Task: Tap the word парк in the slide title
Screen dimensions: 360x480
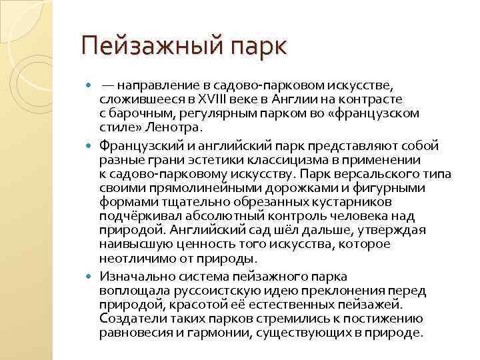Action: (x=257, y=47)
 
